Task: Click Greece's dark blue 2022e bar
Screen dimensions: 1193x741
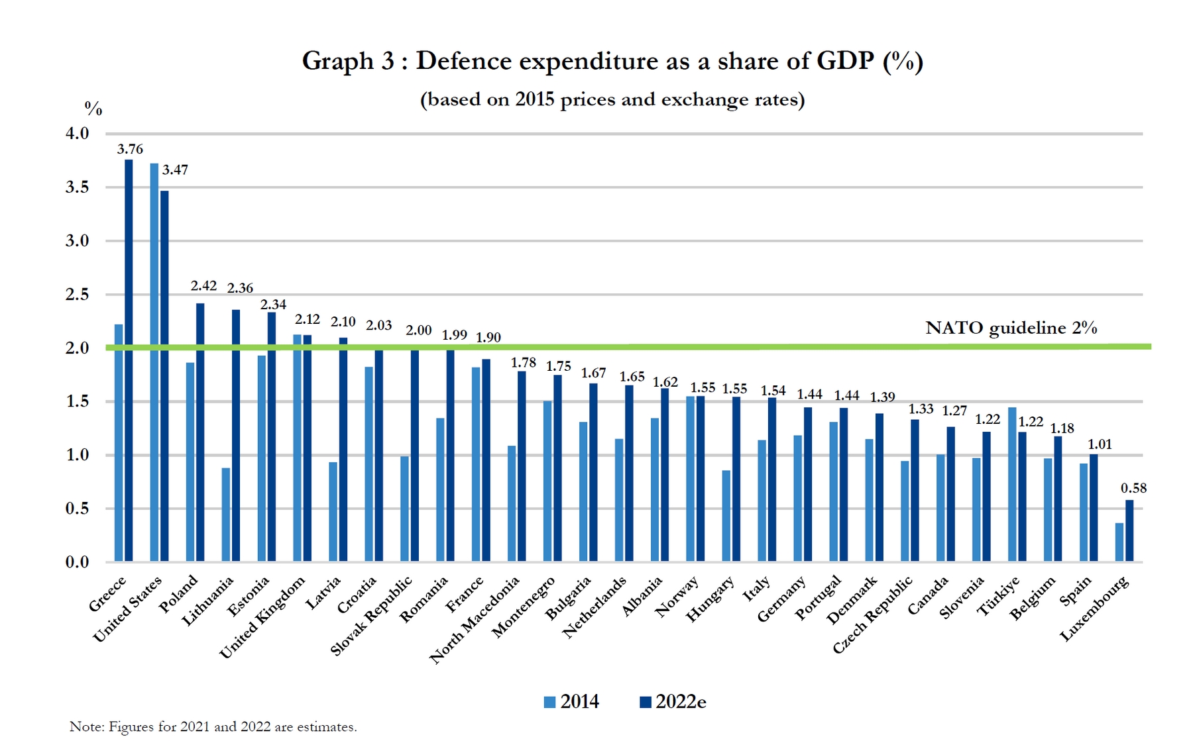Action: tap(129, 361)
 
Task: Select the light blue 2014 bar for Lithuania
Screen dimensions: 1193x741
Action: tap(226, 515)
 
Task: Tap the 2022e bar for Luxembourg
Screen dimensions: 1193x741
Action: tap(1129, 531)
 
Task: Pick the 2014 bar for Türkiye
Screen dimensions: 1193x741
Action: tap(1012, 485)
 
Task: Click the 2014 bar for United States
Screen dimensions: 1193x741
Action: tap(154, 363)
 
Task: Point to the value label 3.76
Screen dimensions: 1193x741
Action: tap(130, 149)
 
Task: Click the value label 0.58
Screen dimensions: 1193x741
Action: tap(1133, 488)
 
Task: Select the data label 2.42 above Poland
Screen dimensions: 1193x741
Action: tap(203, 285)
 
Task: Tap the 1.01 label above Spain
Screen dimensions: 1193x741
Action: tap(1099, 444)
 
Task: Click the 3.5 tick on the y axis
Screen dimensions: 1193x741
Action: tap(77, 187)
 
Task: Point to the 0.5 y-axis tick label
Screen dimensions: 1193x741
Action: tap(77, 509)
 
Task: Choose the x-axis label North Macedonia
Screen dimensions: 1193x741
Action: tap(475, 620)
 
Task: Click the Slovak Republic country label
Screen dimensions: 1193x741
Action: tap(371, 616)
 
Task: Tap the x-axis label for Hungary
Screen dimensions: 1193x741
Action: tap(710, 599)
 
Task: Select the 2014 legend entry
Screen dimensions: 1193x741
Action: tap(571, 702)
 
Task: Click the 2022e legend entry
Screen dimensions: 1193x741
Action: tap(673, 702)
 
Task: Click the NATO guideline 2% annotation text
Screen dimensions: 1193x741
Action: tap(1011, 328)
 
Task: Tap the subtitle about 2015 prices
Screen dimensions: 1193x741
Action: tap(612, 99)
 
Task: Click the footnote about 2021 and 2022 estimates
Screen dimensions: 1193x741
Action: tap(213, 726)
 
